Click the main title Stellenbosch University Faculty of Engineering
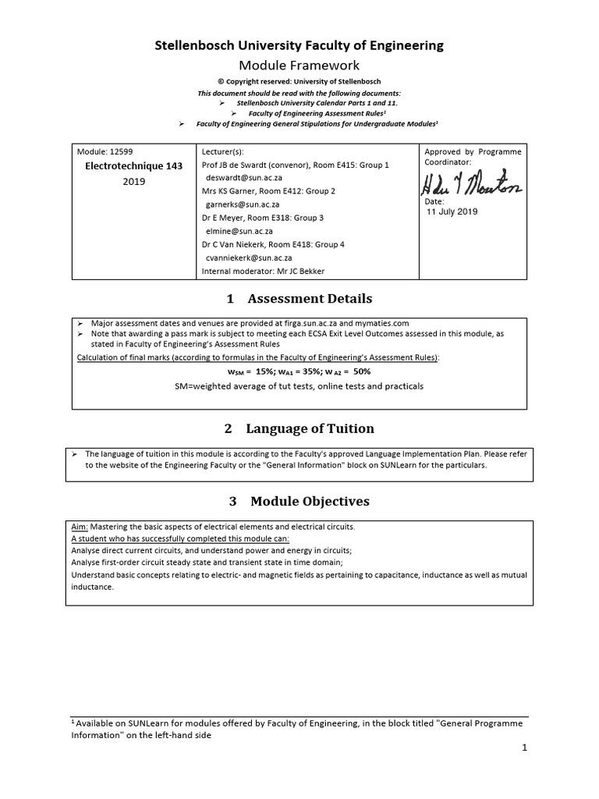[299, 46]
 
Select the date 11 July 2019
[452, 211]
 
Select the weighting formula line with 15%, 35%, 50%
[299, 372]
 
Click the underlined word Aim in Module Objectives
[79, 527]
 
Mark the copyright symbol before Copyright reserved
[220, 82]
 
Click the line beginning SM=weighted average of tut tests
[299, 386]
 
